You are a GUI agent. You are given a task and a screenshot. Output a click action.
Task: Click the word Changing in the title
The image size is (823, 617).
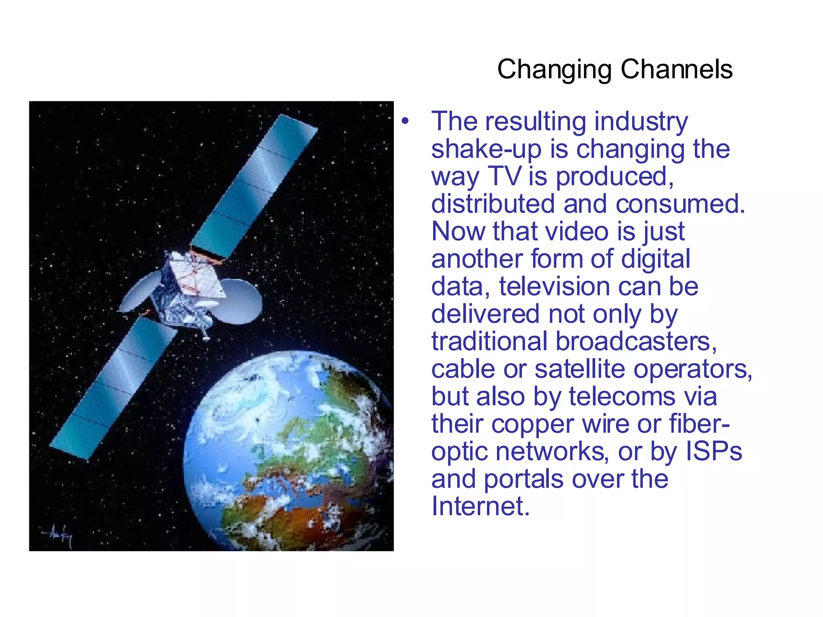point(554,70)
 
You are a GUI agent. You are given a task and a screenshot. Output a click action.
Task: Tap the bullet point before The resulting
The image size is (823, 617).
point(405,121)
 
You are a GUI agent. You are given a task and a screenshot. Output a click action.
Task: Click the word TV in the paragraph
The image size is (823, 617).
point(504,176)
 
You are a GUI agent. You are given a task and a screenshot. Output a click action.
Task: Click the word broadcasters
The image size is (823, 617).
point(636,342)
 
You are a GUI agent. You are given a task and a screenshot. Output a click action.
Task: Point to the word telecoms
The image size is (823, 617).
point(622,397)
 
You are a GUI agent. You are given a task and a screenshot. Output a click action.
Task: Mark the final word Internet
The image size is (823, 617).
point(480,506)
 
